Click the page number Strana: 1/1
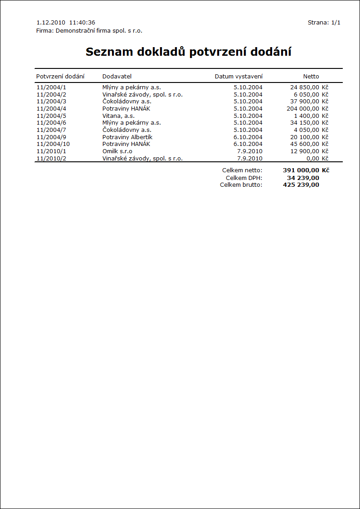tap(324, 22)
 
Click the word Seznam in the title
tap(107, 52)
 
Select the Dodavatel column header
tap(117, 76)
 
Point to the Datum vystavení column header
tap(238, 76)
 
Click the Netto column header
tap(311, 76)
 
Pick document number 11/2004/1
tap(51, 87)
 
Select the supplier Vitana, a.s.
tap(118, 116)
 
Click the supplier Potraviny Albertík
tap(127, 137)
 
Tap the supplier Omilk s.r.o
tap(117, 151)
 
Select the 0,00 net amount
tap(313, 158)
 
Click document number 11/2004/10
tap(53, 144)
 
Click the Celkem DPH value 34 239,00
tap(303, 178)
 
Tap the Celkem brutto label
tap(241, 184)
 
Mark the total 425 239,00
tap(301, 184)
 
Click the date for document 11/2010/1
tap(250, 151)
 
